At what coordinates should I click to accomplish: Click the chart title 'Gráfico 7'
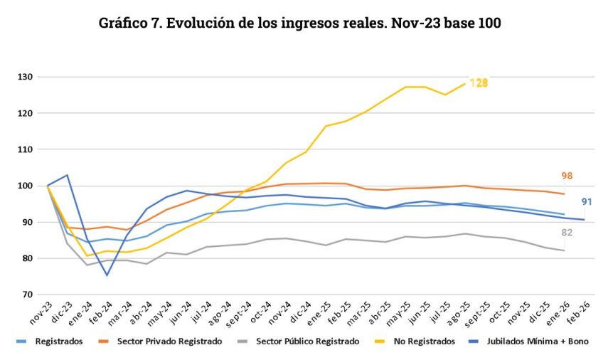[301, 23]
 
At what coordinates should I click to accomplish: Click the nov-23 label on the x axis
[39, 310]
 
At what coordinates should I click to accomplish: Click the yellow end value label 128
[479, 83]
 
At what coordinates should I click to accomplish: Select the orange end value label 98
[567, 176]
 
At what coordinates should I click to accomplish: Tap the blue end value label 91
[587, 201]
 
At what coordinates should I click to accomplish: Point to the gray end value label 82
[566, 233]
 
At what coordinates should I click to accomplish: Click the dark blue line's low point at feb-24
[107, 275]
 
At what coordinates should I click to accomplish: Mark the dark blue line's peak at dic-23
[67, 175]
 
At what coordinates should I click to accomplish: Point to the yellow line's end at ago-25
[465, 84]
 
